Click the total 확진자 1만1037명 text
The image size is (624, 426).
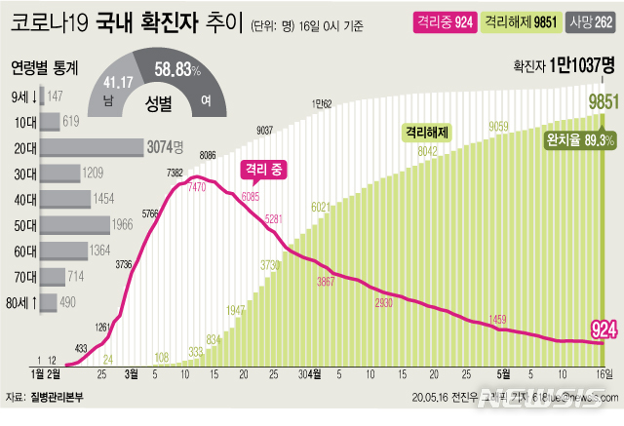tap(565, 65)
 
